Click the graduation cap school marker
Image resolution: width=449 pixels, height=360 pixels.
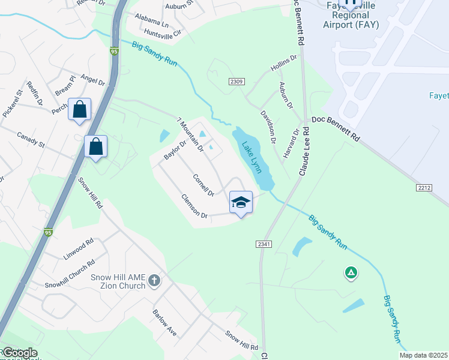coord(241,202)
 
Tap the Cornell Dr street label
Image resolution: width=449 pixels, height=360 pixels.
coord(203,185)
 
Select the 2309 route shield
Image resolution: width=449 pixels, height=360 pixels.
coord(236,81)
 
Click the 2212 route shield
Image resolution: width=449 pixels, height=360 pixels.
coord(424,188)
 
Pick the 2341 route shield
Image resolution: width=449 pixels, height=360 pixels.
coord(264,244)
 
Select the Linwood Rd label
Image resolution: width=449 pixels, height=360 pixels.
coord(79,250)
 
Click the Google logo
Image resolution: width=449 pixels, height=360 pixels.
coord(19,353)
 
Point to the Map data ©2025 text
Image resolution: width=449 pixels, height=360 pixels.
coord(423,355)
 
